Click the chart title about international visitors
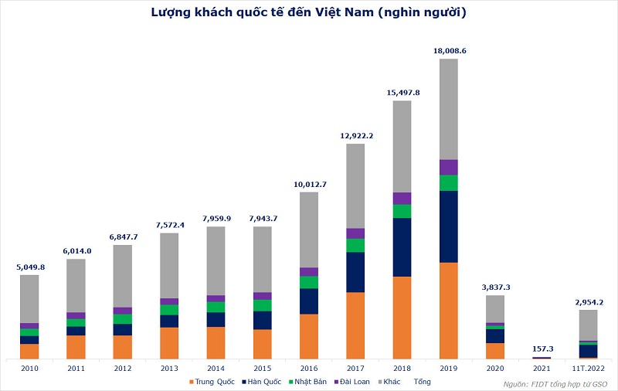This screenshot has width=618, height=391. (x=308, y=12)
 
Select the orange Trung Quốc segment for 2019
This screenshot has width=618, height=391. (x=449, y=311)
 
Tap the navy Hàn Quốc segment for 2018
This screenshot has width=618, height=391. (x=402, y=247)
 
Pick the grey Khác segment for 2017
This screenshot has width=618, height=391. (x=355, y=186)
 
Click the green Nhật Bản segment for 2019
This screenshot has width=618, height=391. (x=449, y=183)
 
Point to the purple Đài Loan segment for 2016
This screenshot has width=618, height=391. (x=309, y=271)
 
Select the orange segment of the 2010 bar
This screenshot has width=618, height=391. (x=29, y=351)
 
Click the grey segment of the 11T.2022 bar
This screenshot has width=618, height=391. (x=588, y=325)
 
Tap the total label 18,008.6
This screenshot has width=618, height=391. (x=450, y=51)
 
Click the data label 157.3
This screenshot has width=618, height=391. (x=543, y=348)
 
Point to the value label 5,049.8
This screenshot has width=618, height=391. (x=30, y=267)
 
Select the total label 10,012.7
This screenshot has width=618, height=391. (x=311, y=185)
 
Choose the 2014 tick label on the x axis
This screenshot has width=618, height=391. (x=216, y=369)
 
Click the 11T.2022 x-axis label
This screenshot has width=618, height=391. (x=589, y=369)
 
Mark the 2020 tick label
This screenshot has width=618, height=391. (x=495, y=369)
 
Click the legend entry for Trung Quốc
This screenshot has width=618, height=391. (x=212, y=382)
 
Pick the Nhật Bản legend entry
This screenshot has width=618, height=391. (x=307, y=382)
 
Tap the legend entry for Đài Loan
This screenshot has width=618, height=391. (x=352, y=382)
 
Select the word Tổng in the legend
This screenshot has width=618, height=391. (x=422, y=382)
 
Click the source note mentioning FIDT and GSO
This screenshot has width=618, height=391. (x=555, y=384)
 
